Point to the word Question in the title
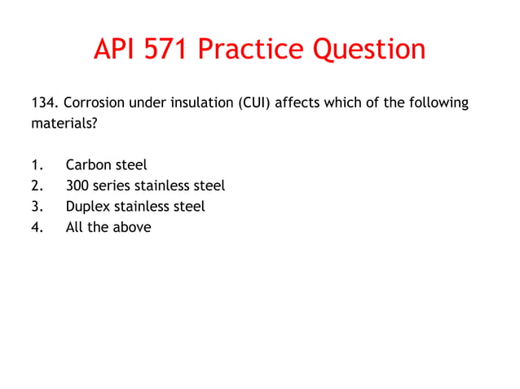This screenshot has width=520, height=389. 368,50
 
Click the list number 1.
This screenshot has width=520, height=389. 36,165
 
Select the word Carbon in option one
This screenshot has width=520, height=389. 88,165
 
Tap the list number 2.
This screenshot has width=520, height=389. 36,186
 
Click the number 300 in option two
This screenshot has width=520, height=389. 78,186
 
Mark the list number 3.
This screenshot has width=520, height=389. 36,207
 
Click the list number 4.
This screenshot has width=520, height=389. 36,228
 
